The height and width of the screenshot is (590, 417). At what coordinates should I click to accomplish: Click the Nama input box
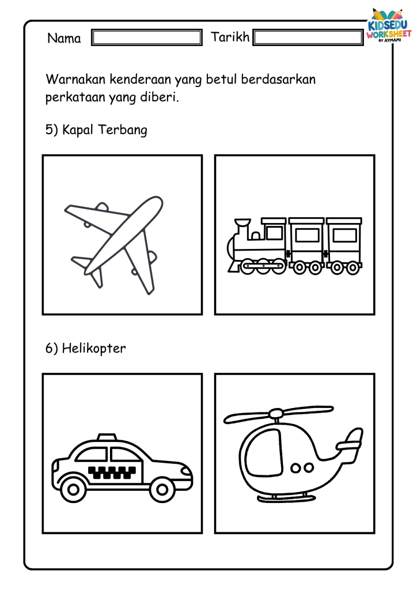coord(147,37)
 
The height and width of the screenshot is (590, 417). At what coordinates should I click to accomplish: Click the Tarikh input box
coord(308,37)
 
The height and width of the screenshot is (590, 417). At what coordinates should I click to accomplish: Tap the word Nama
coord(64,38)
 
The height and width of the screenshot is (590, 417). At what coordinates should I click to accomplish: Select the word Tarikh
coord(230,37)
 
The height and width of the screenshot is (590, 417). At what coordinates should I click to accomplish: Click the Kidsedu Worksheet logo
coord(389,25)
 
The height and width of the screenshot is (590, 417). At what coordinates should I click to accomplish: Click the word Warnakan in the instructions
coord(76,80)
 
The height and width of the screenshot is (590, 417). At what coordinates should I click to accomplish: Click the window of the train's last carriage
coord(344,235)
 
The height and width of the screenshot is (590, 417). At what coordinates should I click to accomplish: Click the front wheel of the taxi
coord(162,489)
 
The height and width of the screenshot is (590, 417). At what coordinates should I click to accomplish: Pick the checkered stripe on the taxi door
coord(112,472)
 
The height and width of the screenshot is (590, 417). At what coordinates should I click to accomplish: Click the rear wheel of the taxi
coord(73,489)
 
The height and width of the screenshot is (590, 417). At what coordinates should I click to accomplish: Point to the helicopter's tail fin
coord(352,440)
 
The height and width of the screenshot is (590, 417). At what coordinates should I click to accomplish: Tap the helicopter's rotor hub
coord(276,414)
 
